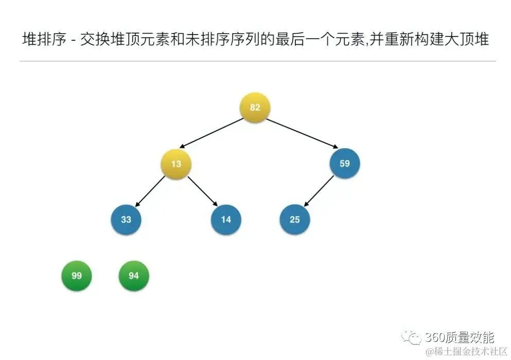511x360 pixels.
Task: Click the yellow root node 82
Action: coord(255,108)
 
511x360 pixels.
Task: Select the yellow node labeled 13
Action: coord(176,164)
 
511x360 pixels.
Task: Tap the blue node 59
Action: coord(344,163)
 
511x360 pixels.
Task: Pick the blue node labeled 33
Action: coord(126,219)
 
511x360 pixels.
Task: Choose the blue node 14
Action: coord(226,219)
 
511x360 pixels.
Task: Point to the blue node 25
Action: coord(294,219)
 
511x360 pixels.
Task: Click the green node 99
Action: coord(77,276)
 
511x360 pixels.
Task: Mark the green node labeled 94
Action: coord(134,276)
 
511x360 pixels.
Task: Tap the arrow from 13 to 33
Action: coord(151,191)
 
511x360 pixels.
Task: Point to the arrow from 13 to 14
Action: coord(202,192)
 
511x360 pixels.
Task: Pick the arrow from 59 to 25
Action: coord(319,192)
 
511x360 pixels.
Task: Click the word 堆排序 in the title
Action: coord(45,39)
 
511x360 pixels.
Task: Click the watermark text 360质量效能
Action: coord(460,337)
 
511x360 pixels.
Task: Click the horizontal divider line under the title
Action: coord(257,61)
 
